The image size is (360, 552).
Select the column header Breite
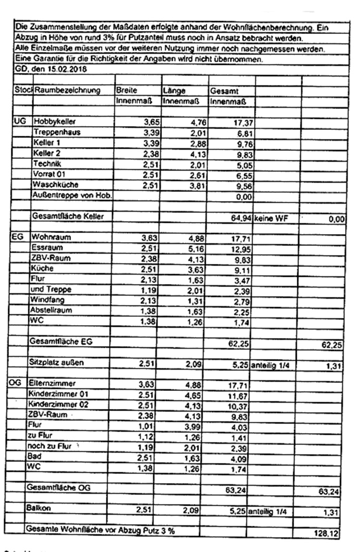126,90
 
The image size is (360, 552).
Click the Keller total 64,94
240,218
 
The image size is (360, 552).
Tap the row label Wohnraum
51,238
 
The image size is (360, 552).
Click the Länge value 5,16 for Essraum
191,248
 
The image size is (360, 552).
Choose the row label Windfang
48,300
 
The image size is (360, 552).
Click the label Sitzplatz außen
57,363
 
